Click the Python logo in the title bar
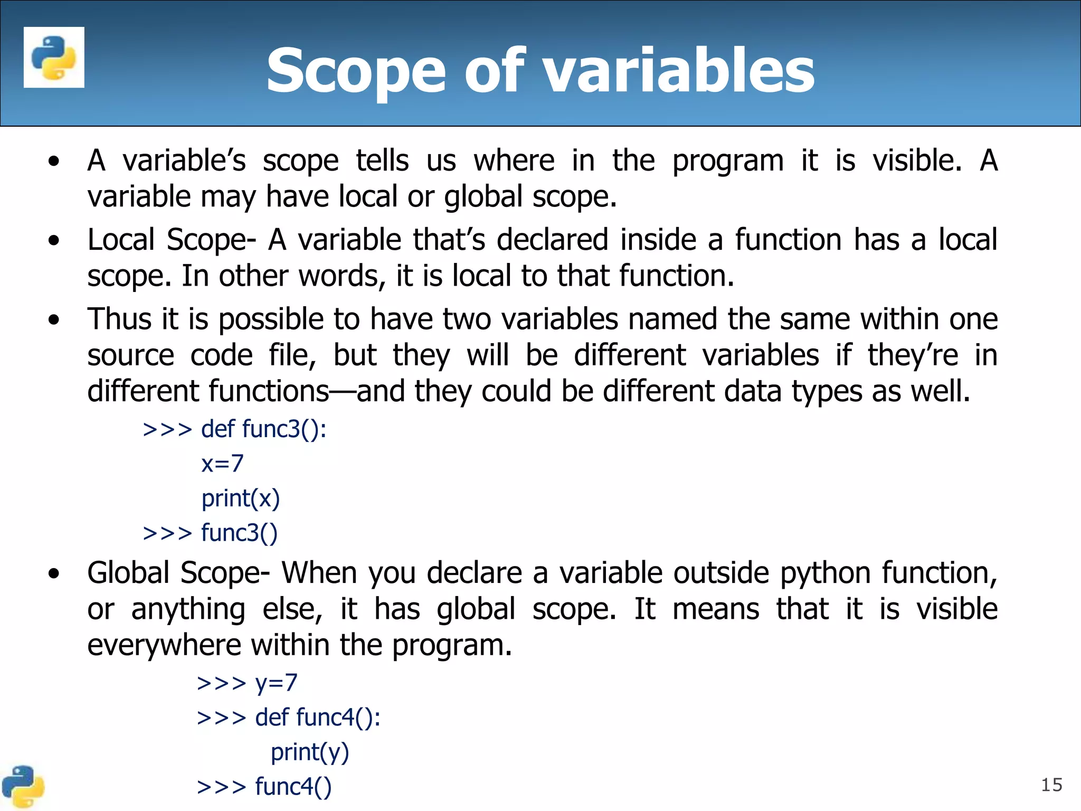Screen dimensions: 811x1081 pos(54,57)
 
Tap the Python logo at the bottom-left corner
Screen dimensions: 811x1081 pos(22,787)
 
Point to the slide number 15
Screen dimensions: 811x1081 pos(1051,785)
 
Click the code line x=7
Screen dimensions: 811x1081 pos(222,464)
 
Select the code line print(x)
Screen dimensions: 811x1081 pos(240,498)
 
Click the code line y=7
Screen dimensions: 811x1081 pos(276,683)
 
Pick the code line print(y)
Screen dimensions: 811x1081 pos(310,752)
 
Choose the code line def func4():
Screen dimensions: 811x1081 pos(317,718)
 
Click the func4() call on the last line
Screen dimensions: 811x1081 pos(293,787)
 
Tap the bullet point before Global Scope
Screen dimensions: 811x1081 pos(54,574)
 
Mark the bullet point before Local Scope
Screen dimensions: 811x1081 pos(54,241)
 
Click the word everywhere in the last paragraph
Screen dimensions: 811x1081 pos(164,645)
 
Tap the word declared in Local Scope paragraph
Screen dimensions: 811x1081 pos(552,240)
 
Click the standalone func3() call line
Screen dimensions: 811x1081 pos(239,533)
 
